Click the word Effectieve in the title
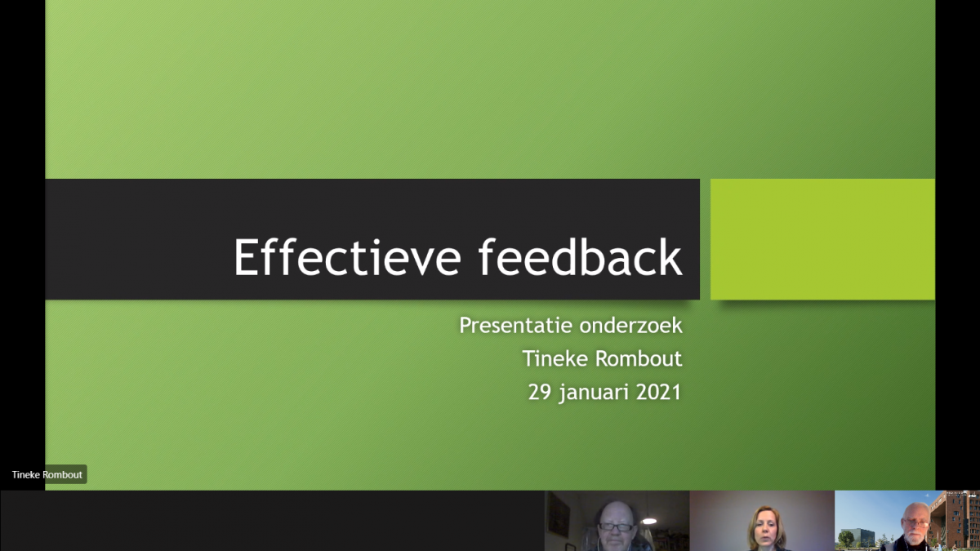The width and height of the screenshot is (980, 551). point(348,257)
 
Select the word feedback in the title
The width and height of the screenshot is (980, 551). point(580,257)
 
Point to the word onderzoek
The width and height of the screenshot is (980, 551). point(630,326)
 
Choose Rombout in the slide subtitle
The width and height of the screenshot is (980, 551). point(639,358)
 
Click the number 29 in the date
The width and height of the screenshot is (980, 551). point(540,392)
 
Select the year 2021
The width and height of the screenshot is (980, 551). point(658,392)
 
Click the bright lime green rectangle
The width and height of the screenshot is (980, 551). point(822,239)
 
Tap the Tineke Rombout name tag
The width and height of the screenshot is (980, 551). point(47,474)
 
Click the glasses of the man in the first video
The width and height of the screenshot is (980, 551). point(616,527)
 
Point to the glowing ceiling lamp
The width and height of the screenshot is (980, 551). point(649,521)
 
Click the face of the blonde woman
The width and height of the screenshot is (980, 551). point(766,528)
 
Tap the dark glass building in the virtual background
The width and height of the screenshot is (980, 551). point(861,537)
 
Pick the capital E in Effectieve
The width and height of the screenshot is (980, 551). point(245,257)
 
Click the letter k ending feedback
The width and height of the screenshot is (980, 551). point(672,257)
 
